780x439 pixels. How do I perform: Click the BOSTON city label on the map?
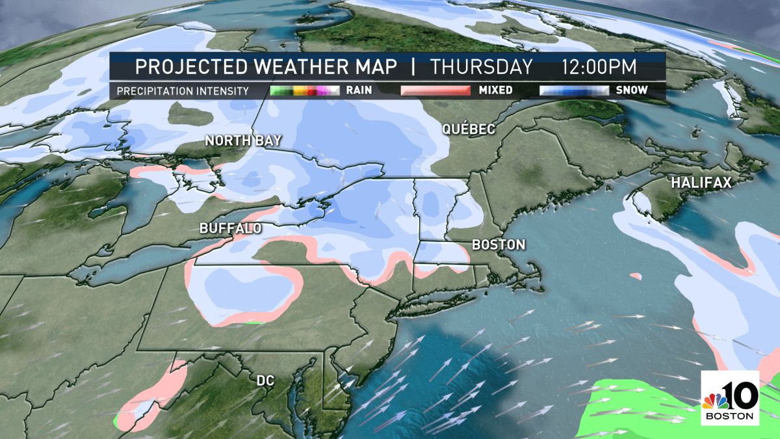(x=498, y=245)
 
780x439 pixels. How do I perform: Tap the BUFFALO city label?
(x=231, y=228)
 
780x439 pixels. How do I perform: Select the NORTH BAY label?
(x=235, y=140)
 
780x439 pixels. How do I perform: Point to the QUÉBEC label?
(x=468, y=129)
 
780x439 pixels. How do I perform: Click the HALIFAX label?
(x=701, y=183)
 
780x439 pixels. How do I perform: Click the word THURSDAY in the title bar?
(x=482, y=67)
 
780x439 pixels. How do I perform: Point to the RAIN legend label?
(x=359, y=90)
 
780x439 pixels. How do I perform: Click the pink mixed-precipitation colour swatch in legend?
(x=435, y=90)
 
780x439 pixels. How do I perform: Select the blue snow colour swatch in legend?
(x=574, y=90)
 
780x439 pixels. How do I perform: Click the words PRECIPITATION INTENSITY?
(x=183, y=91)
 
